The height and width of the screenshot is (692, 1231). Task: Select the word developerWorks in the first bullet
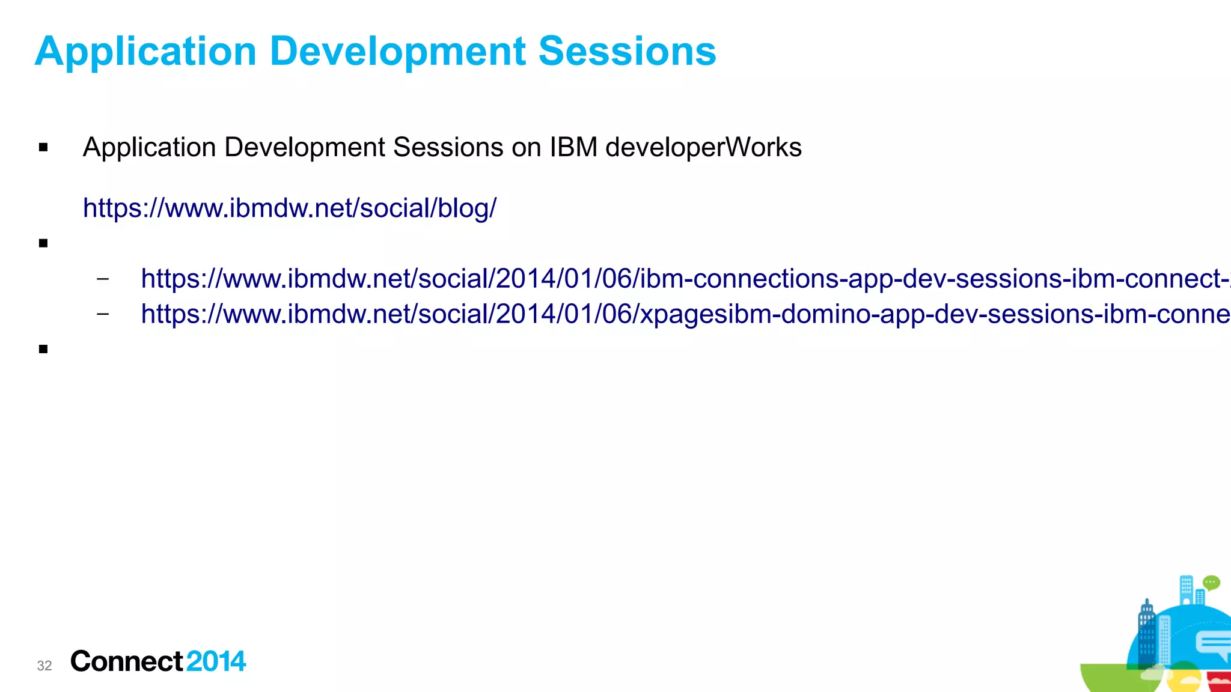point(703,147)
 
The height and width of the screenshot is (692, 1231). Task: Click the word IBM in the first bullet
point(573,147)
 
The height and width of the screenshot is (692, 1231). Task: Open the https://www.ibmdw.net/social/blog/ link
point(290,208)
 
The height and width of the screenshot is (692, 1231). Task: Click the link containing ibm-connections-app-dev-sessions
point(685,279)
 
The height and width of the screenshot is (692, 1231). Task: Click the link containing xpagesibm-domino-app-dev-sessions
point(685,314)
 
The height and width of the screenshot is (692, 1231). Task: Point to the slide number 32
point(44,666)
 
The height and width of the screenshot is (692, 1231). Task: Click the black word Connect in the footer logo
point(126,661)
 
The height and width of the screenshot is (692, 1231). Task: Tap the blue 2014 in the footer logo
point(216,661)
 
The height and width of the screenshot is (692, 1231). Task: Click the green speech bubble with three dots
point(1211,583)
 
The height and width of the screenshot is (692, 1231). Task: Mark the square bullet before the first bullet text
point(43,148)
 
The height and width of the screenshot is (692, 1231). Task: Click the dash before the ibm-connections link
point(103,279)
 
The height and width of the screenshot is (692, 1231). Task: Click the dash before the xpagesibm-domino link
point(103,314)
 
